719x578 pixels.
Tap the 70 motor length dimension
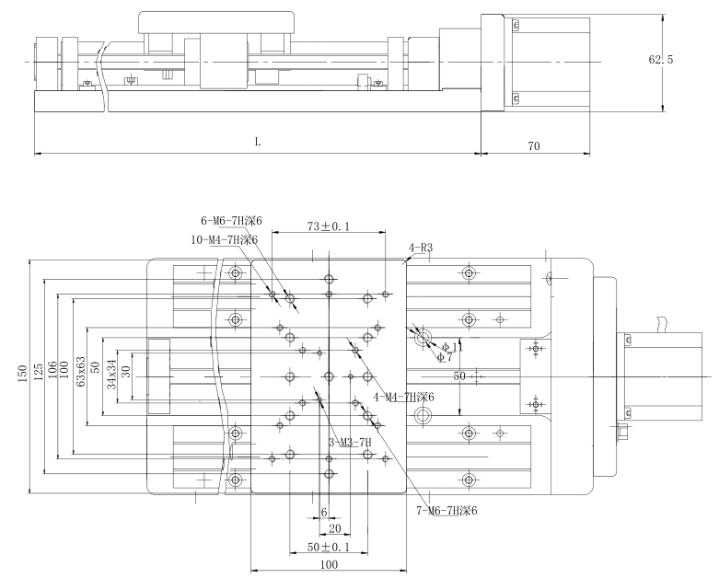click(x=533, y=144)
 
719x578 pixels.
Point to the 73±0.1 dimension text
click(x=328, y=226)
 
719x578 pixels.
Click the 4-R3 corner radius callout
click(x=421, y=248)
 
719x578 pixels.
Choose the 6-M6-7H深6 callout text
click(x=232, y=221)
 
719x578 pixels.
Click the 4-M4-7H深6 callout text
click(x=402, y=397)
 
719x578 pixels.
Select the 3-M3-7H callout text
click(x=350, y=442)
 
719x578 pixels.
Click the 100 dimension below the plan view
click(x=329, y=564)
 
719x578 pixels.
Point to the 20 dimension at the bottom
click(x=334, y=529)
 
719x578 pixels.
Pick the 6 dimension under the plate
click(x=323, y=512)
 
